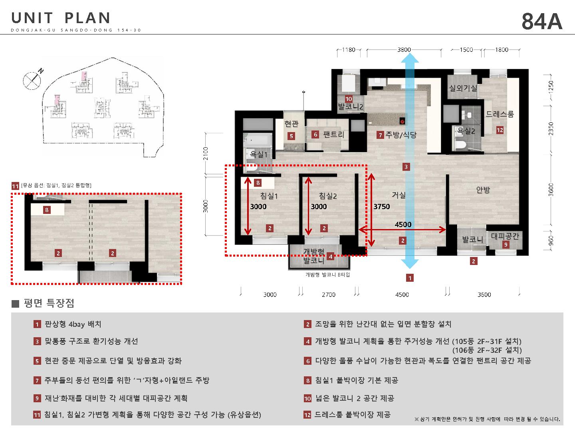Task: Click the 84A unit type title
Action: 542,22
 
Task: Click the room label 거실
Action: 399,195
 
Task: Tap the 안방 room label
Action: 483,190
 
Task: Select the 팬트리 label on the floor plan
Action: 333,134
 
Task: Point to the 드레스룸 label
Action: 500,114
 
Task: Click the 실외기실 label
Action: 463,88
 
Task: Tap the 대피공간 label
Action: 505,236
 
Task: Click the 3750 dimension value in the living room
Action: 381,206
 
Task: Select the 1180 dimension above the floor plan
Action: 349,49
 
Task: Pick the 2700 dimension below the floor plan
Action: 329,295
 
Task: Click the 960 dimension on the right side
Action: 551,241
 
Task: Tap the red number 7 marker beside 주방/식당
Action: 380,135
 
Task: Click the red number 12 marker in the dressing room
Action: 500,130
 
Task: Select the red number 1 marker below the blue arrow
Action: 410,278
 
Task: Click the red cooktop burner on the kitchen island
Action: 402,121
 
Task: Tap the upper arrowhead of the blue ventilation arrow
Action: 410,58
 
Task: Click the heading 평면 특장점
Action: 49,303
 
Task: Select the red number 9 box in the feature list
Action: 37,399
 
